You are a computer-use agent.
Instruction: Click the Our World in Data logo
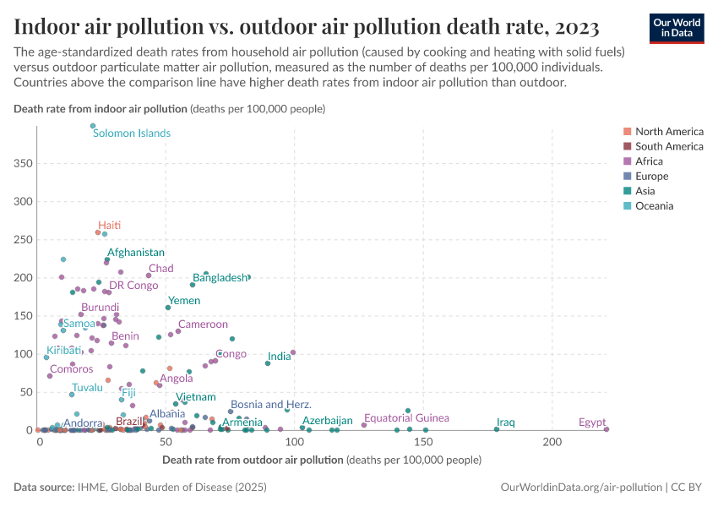(x=677, y=28)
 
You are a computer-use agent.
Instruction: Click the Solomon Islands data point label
(x=132, y=134)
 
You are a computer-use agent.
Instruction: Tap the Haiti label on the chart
(x=110, y=226)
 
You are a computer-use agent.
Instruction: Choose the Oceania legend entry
(x=654, y=206)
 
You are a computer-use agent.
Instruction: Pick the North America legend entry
(x=668, y=131)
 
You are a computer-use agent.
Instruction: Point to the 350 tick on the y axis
(x=23, y=163)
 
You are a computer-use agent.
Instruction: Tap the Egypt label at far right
(x=592, y=422)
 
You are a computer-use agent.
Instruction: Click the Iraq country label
(x=506, y=422)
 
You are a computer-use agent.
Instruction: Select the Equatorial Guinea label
(x=406, y=418)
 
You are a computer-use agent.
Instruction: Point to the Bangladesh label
(x=220, y=278)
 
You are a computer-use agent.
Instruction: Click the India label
(x=279, y=357)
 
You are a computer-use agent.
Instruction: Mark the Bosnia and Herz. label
(x=271, y=406)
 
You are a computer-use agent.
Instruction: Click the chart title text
(x=307, y=27)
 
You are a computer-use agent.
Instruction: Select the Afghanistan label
(x=136, y=253)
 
